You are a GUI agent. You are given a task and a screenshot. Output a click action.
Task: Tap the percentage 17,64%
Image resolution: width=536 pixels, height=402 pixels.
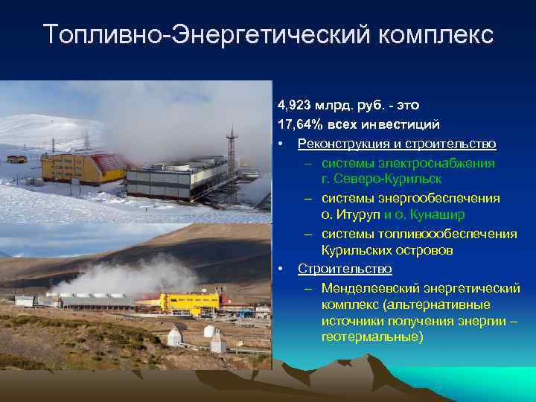[297, 124]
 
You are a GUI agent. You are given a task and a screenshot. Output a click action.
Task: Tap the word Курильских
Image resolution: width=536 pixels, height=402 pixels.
[354, 251]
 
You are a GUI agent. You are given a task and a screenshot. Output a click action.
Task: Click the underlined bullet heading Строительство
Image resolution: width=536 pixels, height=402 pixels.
[334, 269]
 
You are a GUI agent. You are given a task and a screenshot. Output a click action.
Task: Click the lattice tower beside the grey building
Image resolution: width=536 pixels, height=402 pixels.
[231, 153]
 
